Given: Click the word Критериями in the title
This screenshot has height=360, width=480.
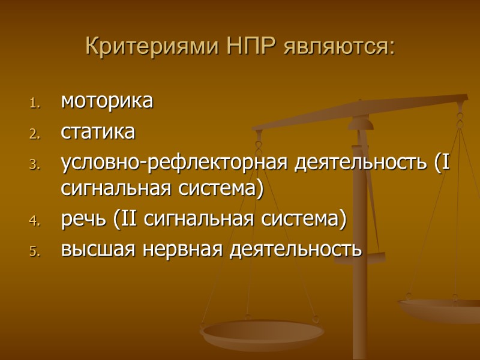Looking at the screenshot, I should (154, 46).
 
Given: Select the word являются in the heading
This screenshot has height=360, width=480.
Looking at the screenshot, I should (340, 46).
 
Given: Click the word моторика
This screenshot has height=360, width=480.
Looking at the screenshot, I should (107, 101).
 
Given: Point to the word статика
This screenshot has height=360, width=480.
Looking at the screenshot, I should (98, 131).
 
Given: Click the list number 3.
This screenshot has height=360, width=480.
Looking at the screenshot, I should (34, 164).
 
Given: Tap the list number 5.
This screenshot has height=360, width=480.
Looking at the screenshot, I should (34, 250).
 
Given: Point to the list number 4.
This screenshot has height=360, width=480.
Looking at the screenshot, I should (34, 221).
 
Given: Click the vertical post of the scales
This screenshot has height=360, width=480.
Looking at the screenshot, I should (360, 252).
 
